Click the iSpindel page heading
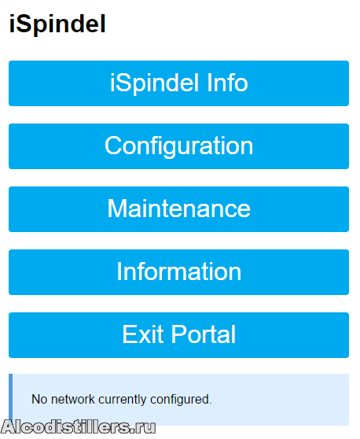coord(57,24)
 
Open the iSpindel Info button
coord(178,83)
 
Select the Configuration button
coord(178,146)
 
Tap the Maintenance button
coord(178,209)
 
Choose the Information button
coord(178,272)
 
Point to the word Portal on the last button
coord(204,334)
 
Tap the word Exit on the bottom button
coord(143,334)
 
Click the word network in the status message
coord(73,399)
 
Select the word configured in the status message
coord(181,400)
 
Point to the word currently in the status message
coord(123,400)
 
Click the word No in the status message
coord(39,399)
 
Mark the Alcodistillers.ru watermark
coord(78,427)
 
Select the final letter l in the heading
coord(104,24)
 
